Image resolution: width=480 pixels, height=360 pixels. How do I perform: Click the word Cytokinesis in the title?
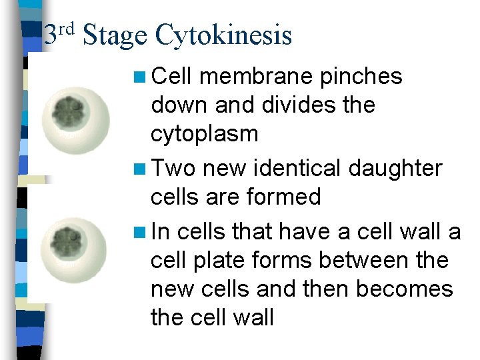pos(223,35)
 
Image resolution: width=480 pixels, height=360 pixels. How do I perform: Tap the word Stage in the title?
pos(115,35)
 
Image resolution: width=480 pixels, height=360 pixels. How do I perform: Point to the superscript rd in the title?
pos(67,28)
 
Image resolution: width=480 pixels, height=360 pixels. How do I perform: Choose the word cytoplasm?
pos(204,134)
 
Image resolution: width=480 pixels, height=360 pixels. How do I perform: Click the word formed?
pos(291,197)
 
